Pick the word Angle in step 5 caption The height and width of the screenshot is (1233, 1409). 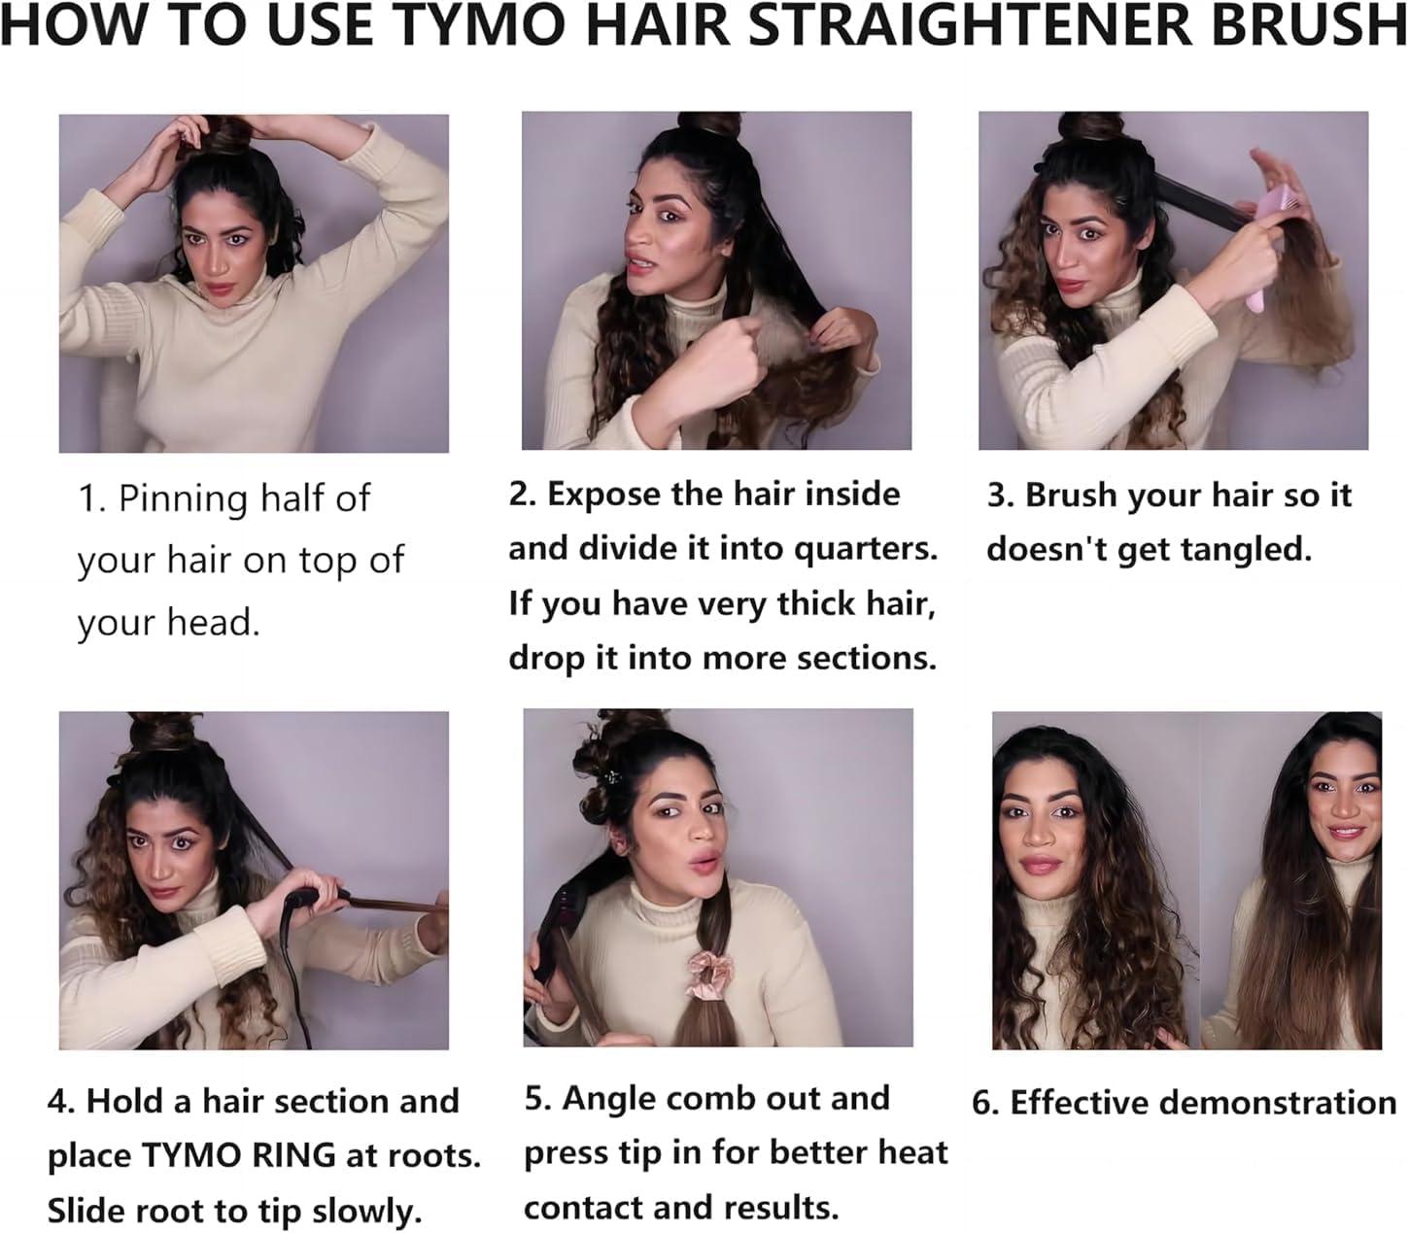tap(606, 1098)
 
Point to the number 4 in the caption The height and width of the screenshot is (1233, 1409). tap(58, 1102)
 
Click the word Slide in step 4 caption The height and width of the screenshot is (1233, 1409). tap(87, 1212)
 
